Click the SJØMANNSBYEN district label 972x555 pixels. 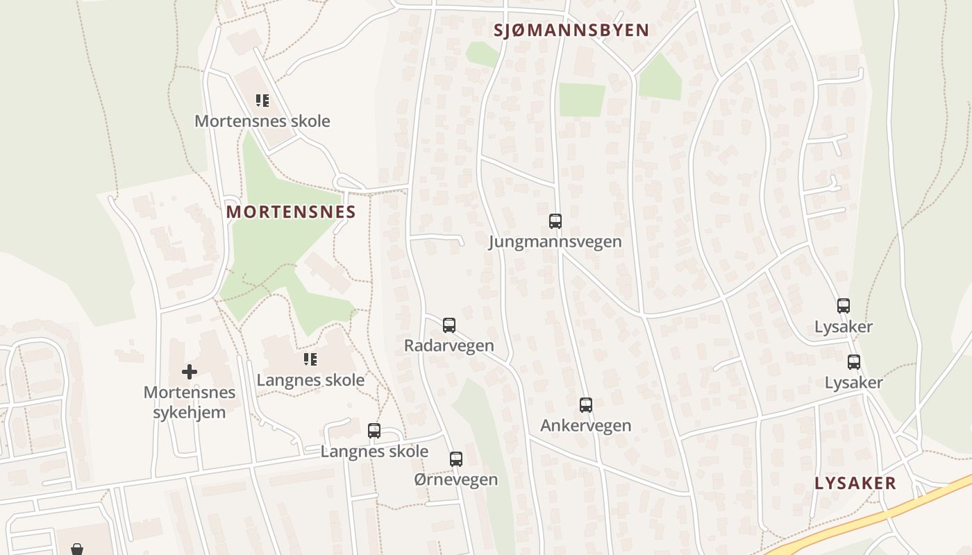click(571, 31)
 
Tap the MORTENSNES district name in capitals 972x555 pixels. click(291, 212)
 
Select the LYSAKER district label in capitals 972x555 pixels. click(855, 484)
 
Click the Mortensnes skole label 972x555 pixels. click(262, 121)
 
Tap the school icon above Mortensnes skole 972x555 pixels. click(262, 101)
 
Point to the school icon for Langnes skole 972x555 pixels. click(310, 359)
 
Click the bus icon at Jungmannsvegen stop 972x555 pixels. click(555, 221)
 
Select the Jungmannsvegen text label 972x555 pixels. click(555, 241)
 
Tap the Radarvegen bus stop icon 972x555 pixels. click(449, 325)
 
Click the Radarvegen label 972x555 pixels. click(449, 345)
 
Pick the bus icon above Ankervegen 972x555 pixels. click(586, 405)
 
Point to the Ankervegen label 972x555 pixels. click(586, 425)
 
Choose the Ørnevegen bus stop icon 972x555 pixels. click(456, 459)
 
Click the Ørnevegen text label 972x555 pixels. click(456, 479)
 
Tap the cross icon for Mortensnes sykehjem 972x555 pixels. click(189, 372)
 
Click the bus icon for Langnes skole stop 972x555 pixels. click(374, 430)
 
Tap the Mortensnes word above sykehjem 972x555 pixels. click(190, 393)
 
